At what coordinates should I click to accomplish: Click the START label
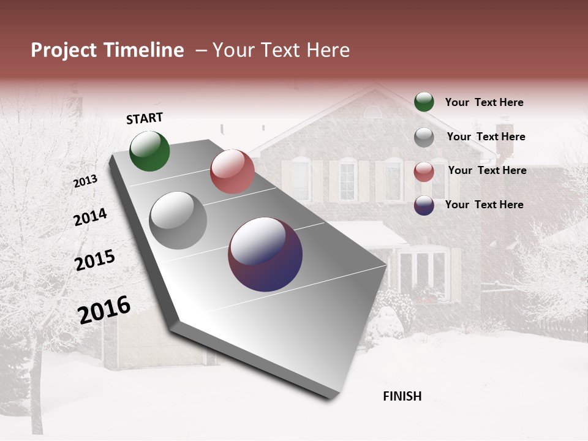[x=145, y=118]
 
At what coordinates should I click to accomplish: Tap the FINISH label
[x=402, y=396]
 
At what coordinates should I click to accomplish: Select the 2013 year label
[x=86, y=181]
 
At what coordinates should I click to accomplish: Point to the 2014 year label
[x=90, y=217]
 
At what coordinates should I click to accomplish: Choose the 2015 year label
[x=95, y=260]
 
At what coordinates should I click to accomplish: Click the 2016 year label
[x=104, y=309]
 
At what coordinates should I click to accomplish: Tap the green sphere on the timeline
[x=149, y=151]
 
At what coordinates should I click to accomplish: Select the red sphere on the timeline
[x=232, y=171]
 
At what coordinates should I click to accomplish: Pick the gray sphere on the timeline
[x=178, y=221]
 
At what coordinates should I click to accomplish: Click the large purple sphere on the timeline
[x=265, y=254]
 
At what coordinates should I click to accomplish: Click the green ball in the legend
[x=424, y=102]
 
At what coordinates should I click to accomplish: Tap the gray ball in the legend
[x=424, y=137]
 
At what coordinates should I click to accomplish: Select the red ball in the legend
[x=424, y=171]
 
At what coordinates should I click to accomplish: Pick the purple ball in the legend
[x=424, y=205]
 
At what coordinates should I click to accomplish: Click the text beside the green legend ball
[x=484, y=103]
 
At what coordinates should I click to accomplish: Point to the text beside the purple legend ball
[x=484, y=205]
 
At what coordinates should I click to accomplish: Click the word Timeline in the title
[x=143, y=50]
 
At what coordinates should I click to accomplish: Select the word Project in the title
[x=64, y=50]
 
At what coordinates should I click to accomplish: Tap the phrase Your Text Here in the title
[x=281, y=50]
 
